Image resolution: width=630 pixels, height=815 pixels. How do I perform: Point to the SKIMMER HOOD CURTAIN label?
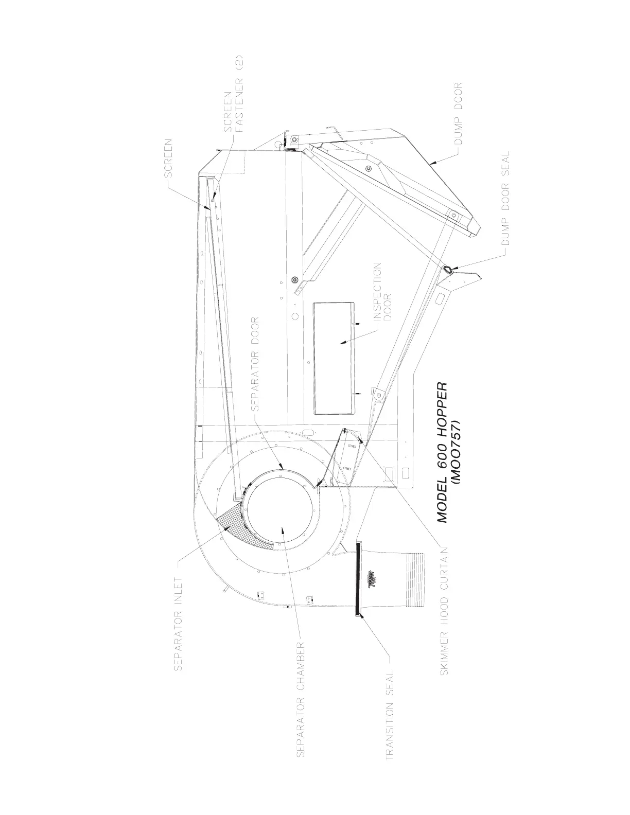click(x=445, y=614)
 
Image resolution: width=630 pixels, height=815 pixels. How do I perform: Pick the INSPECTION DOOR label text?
click(x=382, y=292)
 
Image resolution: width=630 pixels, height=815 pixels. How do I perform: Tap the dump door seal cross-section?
click(x=448, y=269)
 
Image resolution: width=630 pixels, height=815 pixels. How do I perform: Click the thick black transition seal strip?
click(x=356, y=576)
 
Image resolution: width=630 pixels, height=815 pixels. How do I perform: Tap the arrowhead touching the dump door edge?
click(x=433, y=161)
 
